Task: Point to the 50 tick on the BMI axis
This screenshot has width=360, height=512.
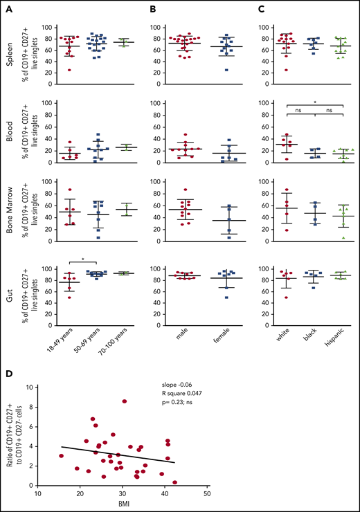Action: pyautogui.click(x=207, y=493)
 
